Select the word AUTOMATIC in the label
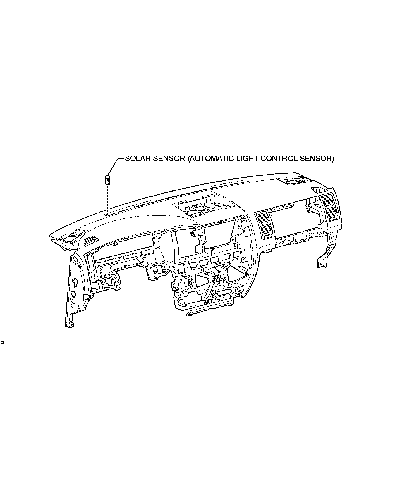point(213,159)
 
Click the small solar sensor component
point(107,180)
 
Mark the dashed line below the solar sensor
point(107,199)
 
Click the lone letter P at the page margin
point(2,343)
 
